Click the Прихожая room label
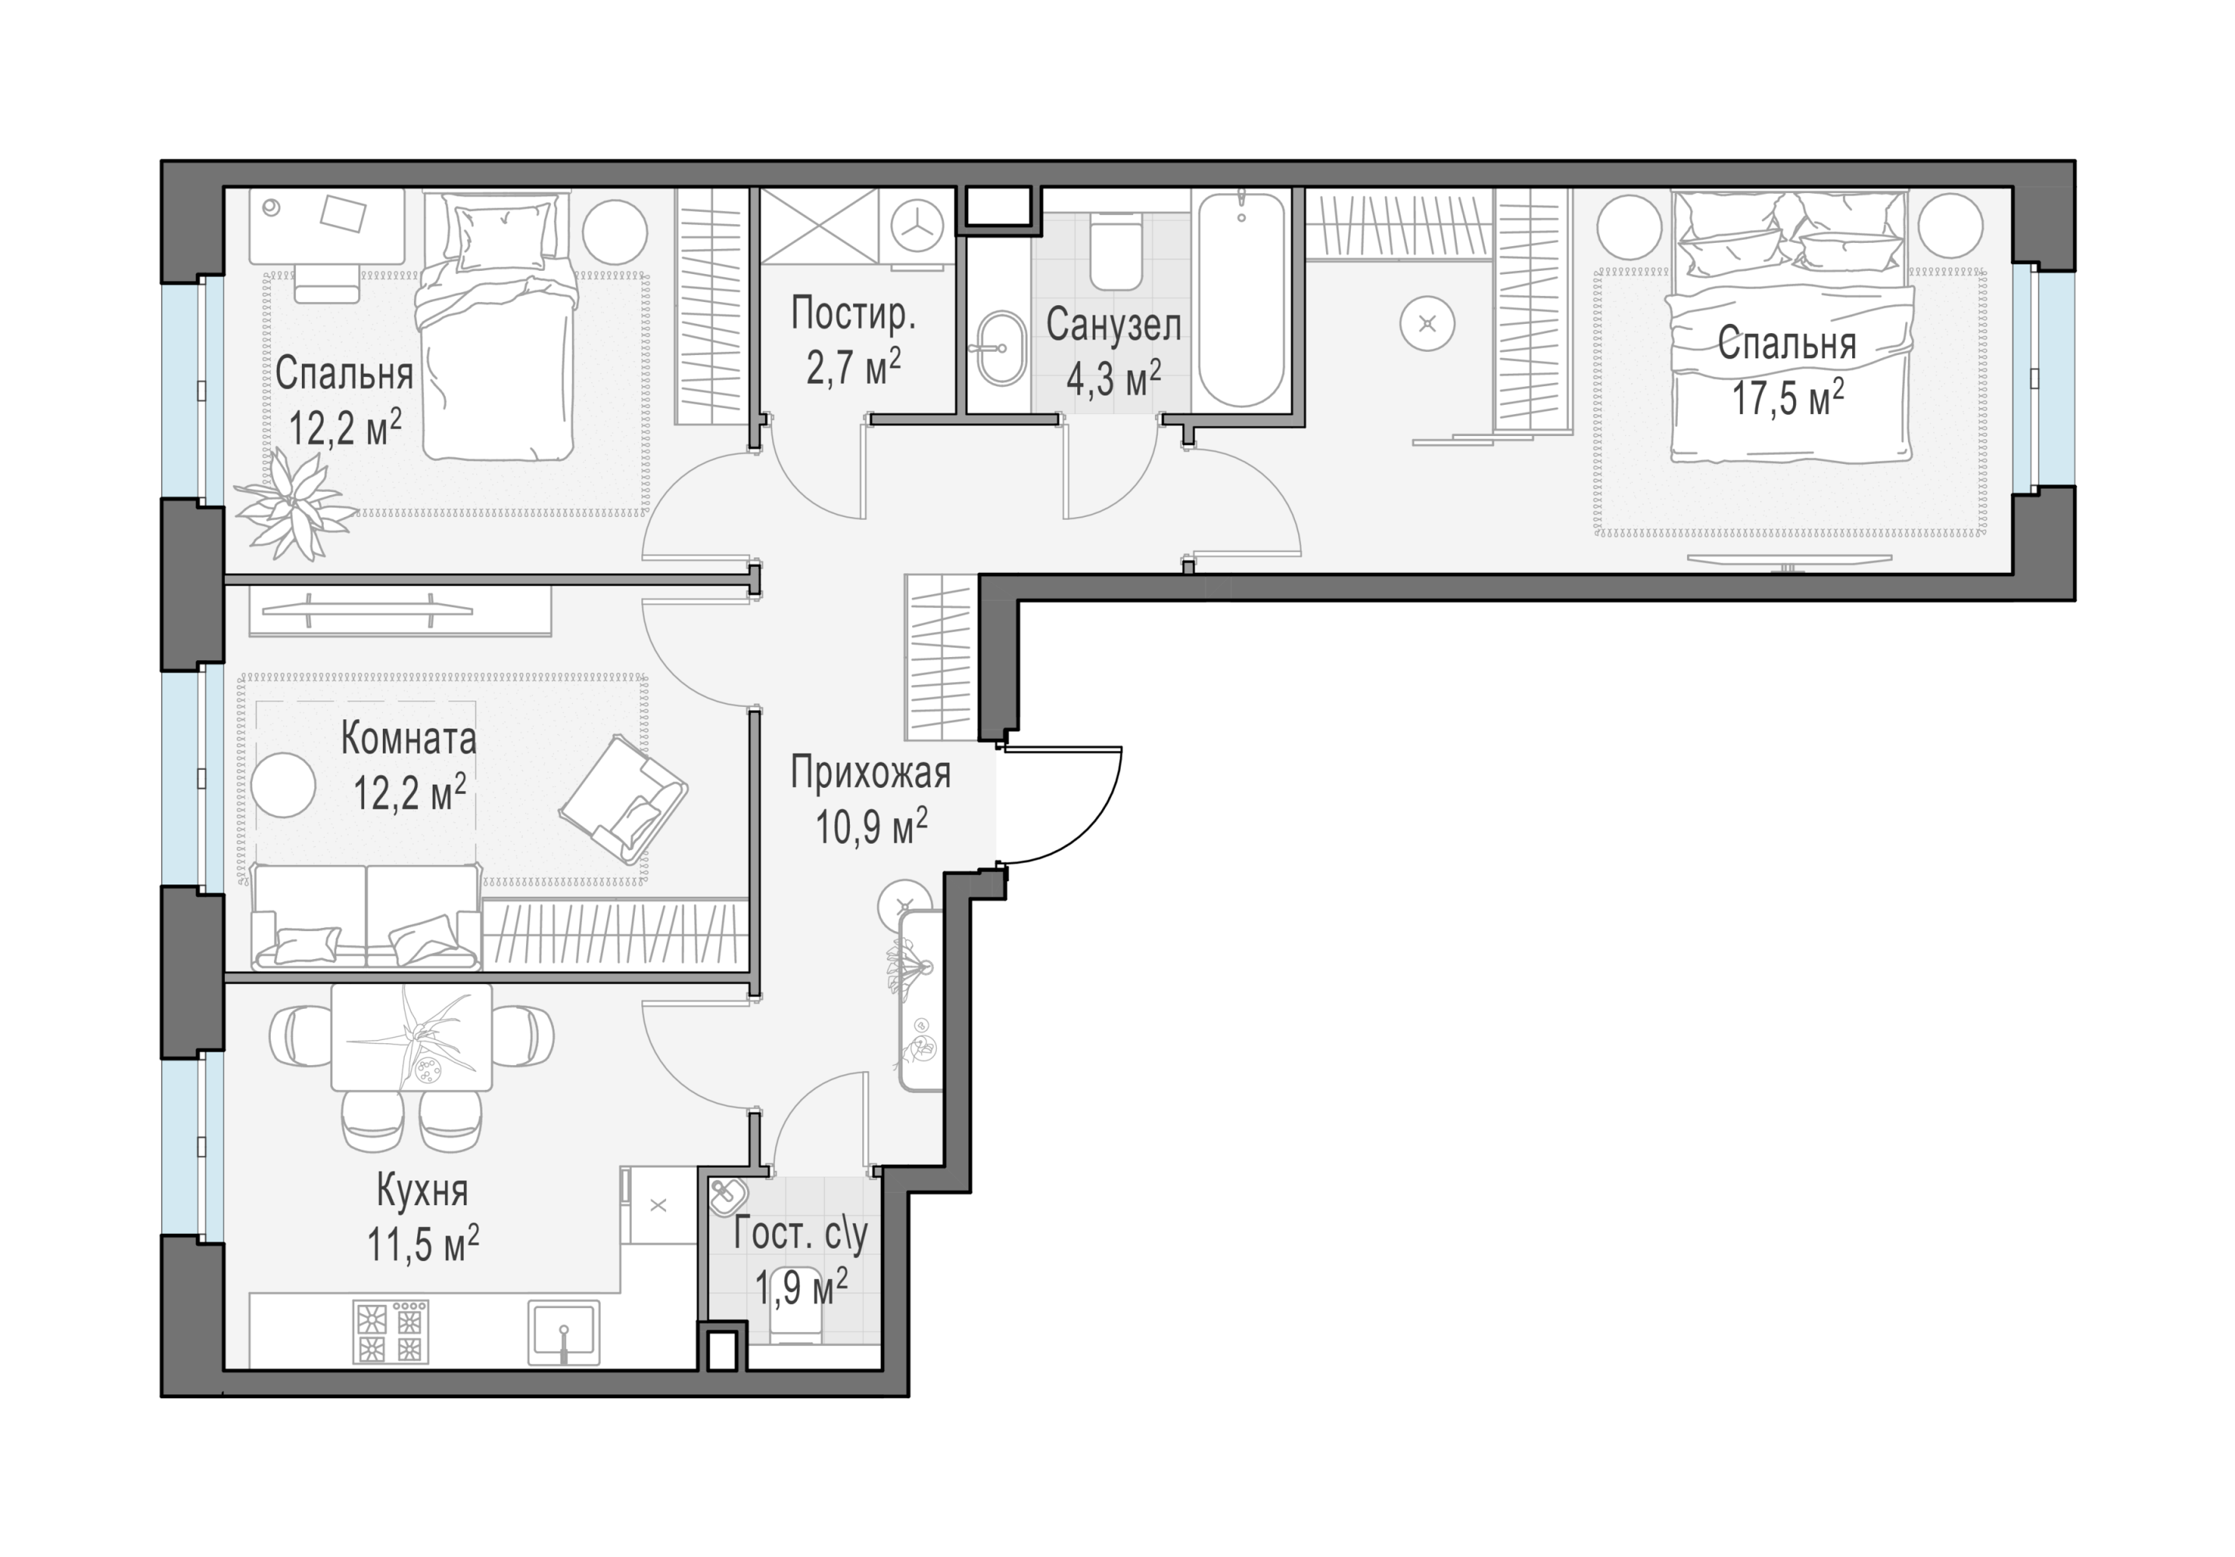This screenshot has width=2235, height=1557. (870, 772)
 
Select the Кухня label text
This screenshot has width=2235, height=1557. (423, 1191)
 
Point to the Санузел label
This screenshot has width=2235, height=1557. (1114, 325)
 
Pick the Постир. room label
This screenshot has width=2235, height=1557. (853, 313)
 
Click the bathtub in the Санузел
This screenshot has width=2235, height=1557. (1241, 300)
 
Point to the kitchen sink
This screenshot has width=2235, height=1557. (563, 1332)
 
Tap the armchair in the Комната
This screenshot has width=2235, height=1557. (623, 799)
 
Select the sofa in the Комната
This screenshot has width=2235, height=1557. (366, 916)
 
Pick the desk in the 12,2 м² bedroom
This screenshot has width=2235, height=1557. (326, 226)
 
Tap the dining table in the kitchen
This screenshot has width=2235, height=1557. (412, 1036)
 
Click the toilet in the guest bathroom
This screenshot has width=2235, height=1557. (795, 1320)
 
